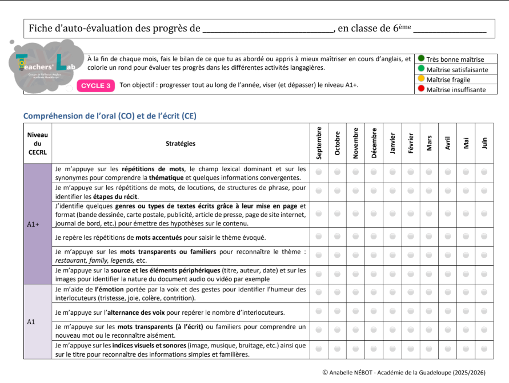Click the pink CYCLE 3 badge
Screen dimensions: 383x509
(96, 86)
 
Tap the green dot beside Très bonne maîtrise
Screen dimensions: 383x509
(421, 58)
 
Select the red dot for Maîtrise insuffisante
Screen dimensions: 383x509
(421, 89)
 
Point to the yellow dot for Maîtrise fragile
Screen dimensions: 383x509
(421, 79)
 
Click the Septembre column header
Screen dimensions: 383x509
(319, 143)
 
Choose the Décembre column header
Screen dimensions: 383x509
(374, 143)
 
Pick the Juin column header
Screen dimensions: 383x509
(484, 143)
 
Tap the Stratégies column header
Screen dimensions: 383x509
(181, 144)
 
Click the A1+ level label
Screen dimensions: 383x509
(33, 224)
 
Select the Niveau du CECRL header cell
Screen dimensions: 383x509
(38, 144)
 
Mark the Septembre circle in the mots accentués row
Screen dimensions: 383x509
(319, 237)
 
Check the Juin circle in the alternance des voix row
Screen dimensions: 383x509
(484, 313)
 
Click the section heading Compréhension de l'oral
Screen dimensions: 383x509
(110, 116)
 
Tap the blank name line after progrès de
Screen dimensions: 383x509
(268, 29)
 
